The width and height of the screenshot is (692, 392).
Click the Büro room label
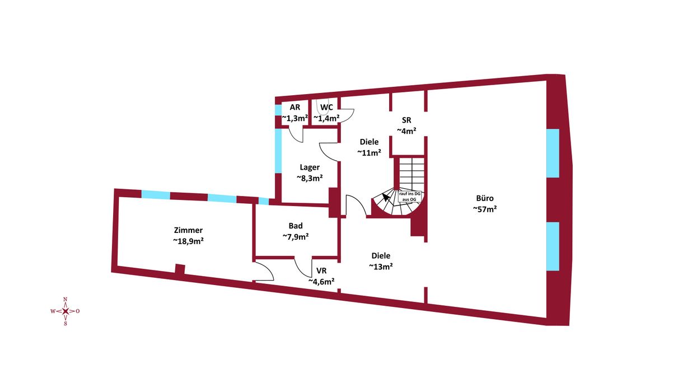pyautogui.click(x=485, y=198)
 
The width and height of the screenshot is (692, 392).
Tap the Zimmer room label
pyautogui.click(x=188, y=230)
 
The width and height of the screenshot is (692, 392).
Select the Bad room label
pyautogui.click(x=296, y=226)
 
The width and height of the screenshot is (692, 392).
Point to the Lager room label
pyautogui.click(x=310, y=167)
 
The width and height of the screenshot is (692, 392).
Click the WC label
pyautogui.click(x=326, y=108)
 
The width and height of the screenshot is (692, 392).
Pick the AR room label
pyautogui.click(x=294, y=107)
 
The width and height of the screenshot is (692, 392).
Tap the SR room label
pyautogui.click(x=406, y=120)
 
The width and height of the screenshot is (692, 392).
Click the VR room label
pyautogui.click(x=321, y=271)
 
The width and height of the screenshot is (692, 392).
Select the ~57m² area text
pyautogui.click(x=485, y=209)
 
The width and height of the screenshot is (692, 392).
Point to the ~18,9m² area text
pyautogui.click(x=188, y=241)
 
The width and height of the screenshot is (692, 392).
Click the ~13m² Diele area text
pyautogui.click(x=381, y=267)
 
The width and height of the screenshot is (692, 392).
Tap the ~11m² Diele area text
pyautogui.click(x=369, y=152)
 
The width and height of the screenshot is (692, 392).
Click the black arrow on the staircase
pyautogui.click(x=386, y=197)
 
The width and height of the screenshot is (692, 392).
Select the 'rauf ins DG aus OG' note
pyautogui.click(x=410, y=197)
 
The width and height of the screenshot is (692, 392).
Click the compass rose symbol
pyautogui.click(x=65, y=311)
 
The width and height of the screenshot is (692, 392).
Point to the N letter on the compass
pyautogui.click(x=65, y=300)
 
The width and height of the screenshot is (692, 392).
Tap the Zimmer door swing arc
pyautogui.click(x=263, y=272)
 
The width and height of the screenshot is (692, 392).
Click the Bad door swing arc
pyautogui.click(x=303, y=267)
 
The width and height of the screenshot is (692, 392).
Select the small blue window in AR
pyautogui.click(x=278, y=110)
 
